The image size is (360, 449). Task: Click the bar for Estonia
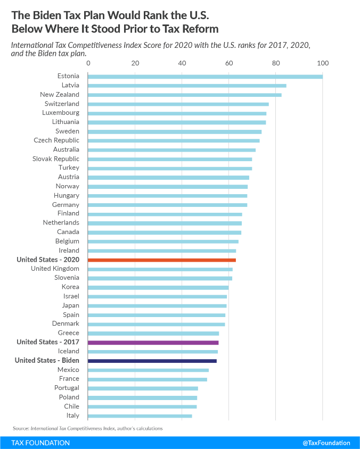click(x=205, y=76)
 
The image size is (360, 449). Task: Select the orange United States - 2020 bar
click(x=162, y=260)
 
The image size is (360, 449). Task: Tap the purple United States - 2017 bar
click(x=153, y=342)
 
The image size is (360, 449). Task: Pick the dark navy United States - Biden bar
click(x=152, y=361)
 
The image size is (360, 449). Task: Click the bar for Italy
click(x=140, y=415)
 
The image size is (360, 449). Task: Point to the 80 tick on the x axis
click(x=276, y=63)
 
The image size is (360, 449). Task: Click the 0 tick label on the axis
click(x=88, y=63)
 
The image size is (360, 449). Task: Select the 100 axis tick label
click(x=323, y=63)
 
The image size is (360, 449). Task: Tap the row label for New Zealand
click(x=60, y=95)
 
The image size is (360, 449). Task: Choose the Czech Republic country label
click(x=56, y=140)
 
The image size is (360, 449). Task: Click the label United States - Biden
click(x=47, y=361)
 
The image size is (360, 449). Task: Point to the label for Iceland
click(x=69, y=351)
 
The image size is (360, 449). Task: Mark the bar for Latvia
click(x=187, y=85)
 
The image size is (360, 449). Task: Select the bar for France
click(x=148, y=379)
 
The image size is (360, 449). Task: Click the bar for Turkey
click(x=170, y=168)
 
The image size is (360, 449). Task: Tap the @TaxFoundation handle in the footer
click(x=326, y=443)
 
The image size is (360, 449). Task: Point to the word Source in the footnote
click(x=21, y=428)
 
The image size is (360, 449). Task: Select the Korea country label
click(x=70, y=287)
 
